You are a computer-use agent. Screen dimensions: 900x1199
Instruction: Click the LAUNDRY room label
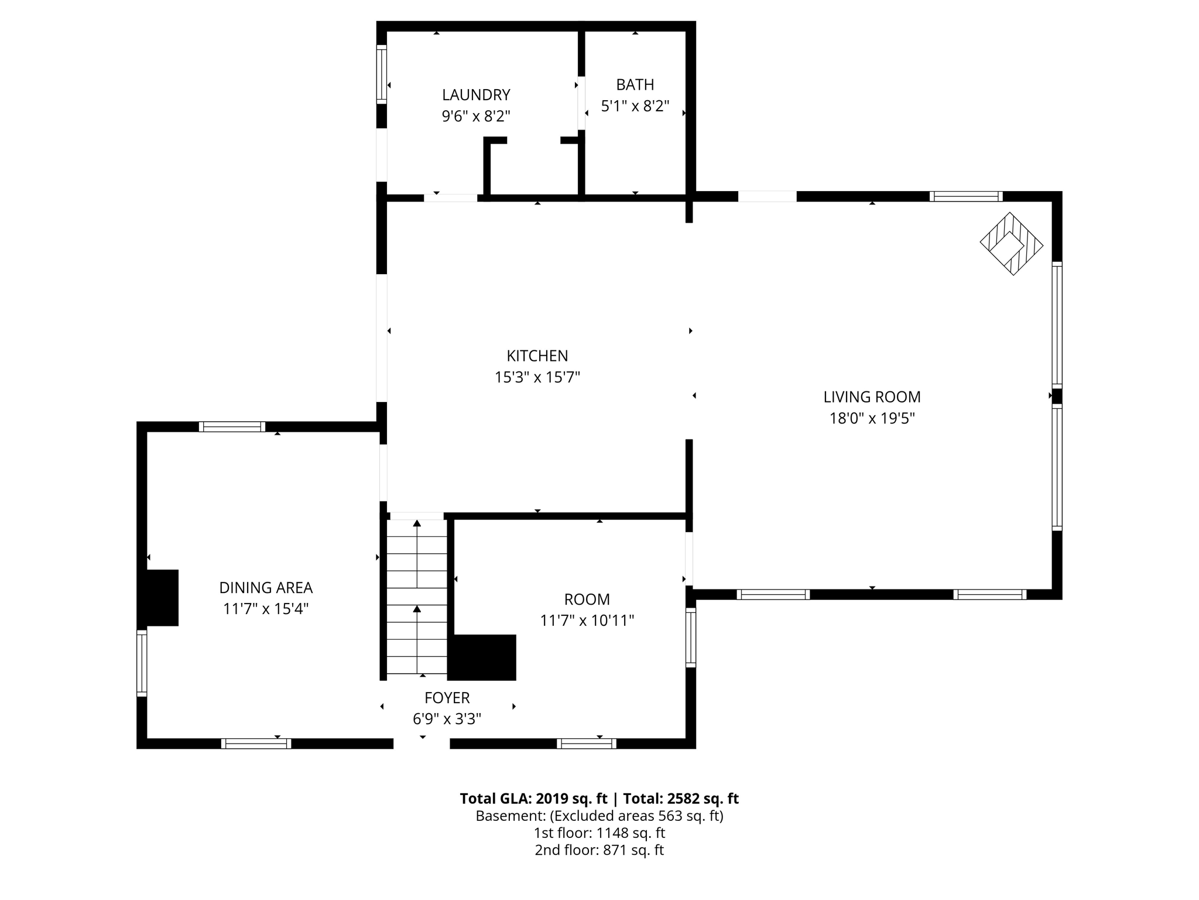pyautogui.click(x=476, y=95)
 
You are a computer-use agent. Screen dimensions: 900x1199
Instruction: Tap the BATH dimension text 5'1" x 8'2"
pyautogui.click(x=635, y=107)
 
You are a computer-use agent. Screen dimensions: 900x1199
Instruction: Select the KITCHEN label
pyautogui.click(x=537, y=356)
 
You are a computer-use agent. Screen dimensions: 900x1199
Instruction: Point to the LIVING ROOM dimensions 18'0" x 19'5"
pyautogui.click(x=872, y=418)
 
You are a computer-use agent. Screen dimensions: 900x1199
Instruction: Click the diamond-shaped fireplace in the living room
pyautogui.click(x=1011, y=244)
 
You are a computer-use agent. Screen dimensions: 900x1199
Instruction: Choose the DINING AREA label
pyautogui.click(x=266, y=588)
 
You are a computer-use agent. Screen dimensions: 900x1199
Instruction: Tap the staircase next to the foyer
pyautogui.click(x=417, y=598)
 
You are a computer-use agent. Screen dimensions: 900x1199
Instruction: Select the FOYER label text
pyautogui.click(x=447, y=698)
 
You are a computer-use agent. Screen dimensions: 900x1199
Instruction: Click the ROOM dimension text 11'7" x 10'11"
pyautogui.click(x=587, y=621)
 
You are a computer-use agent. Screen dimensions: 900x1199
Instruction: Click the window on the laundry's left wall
pyautogui.click(x=382, y=74)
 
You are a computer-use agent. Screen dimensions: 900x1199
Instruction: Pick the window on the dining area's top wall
pyautogui.click(x=232, y=427)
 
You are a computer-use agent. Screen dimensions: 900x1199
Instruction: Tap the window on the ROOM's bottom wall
pyautogui.click(x=586, y=744)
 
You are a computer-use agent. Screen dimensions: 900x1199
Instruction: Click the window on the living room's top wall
pyautogui.click(x=965, y=196)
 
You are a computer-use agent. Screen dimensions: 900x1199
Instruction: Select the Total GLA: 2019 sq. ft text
pyautogui.click(x=533, y=799)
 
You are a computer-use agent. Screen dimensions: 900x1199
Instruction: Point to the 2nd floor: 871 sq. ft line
pyautogui.click(x=599, y=850)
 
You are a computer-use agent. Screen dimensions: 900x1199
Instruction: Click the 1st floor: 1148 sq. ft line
pyautogui.click(x=599, y=833)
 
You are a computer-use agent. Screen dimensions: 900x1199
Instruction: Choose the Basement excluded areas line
pyautogui.click(x=599, y=816)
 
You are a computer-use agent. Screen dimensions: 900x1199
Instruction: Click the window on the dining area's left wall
pyautogui.click(x=142, y=663)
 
